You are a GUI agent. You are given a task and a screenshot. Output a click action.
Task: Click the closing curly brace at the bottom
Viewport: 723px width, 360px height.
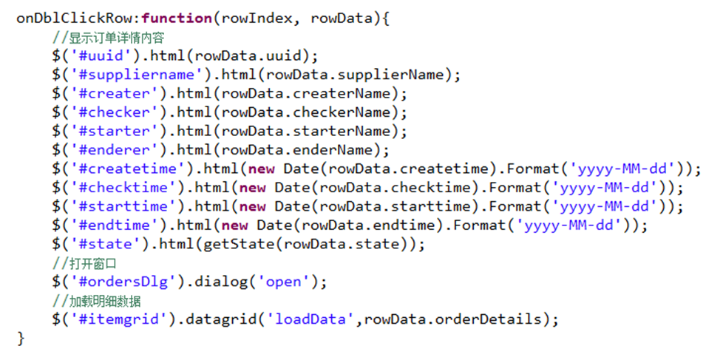point(21,339)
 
